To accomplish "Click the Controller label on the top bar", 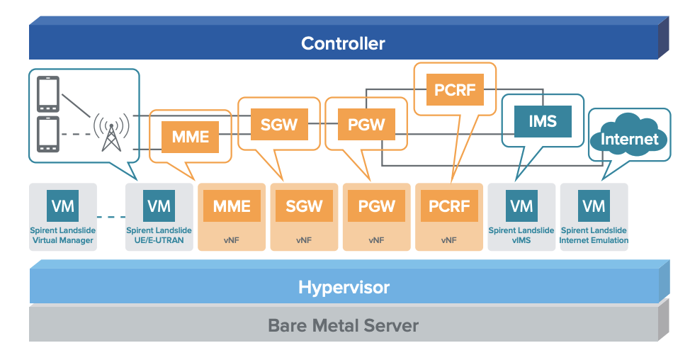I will pyautogui.click(x=343, y=43).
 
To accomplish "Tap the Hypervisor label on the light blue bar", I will pyautogui.click(x=344, y=288).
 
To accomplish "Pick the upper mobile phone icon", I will pyautogui.click(x=48, y=92).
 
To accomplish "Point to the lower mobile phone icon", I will pyautogui.click(x=48, y=135).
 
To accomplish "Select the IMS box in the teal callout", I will pyautogui.click(x=542, y=121).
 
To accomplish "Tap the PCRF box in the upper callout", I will pyautogui.click(x=454, y=91).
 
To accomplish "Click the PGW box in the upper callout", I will pyautogui.click(x=366, y=125).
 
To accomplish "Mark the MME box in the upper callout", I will pyautogui.click(x=191, y=137).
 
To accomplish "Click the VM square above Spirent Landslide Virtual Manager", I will pyautogui.click(x=62, y=206).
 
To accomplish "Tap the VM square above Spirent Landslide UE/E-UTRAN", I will pyautogui.click(x=159, y=206).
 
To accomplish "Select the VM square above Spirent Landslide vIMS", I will pyautogui.click(x=521, y=206).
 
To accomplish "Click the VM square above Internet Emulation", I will pyautogui.click(x=594, y=206).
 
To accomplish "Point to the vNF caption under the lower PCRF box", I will pyautogui.click(x=448, y=240).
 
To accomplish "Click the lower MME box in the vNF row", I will pyautogui.click(x=232, y=206).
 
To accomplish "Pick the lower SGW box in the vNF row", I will pyautogui.click(x=304, y=206).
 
